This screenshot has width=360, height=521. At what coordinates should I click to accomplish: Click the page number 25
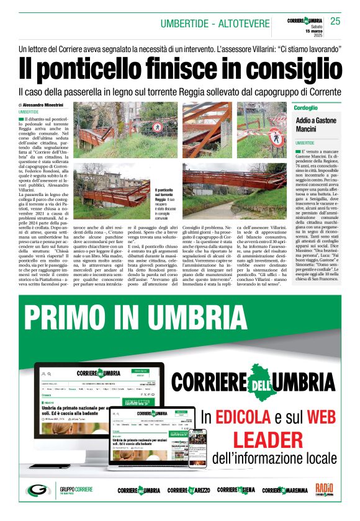coord(336,22)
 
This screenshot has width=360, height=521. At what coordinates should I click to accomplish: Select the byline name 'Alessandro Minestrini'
coord(46,105)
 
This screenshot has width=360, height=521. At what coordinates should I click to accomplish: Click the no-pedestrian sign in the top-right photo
coord(275,133)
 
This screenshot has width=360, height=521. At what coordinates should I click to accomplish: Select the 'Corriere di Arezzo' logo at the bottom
coord(188,490)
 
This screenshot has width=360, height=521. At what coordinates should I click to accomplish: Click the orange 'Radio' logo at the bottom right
coord(324,489)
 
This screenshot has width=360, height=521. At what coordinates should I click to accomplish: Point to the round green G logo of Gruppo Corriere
coord(38,490)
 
